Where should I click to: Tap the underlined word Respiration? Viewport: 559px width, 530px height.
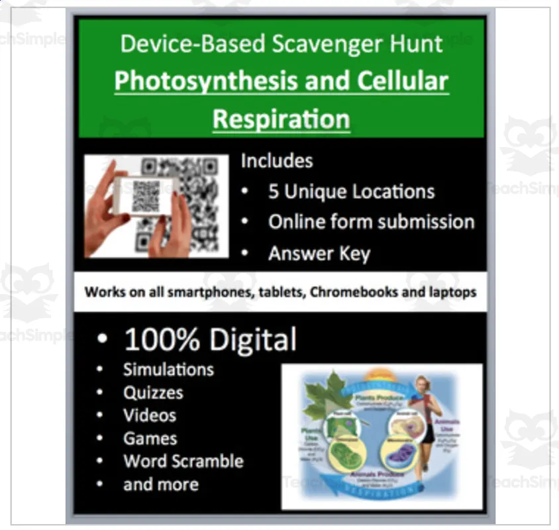[281, 119]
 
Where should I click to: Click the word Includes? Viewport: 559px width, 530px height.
[276, 161]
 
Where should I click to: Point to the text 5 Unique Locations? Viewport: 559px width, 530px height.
[351, 192]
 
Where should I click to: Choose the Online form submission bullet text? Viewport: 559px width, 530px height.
[371, 222]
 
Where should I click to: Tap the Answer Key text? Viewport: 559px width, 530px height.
[319, 253]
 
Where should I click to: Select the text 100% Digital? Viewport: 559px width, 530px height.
[210, 340]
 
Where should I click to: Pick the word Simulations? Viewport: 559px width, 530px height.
[168, 369]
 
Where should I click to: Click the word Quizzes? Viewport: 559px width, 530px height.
[153, 392]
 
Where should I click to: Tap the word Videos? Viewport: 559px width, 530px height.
[150, 415]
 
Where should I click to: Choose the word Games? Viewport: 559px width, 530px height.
[150, 439]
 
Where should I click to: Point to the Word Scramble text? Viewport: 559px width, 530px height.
[183, 461]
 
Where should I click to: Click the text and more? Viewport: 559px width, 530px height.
[160, 484]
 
